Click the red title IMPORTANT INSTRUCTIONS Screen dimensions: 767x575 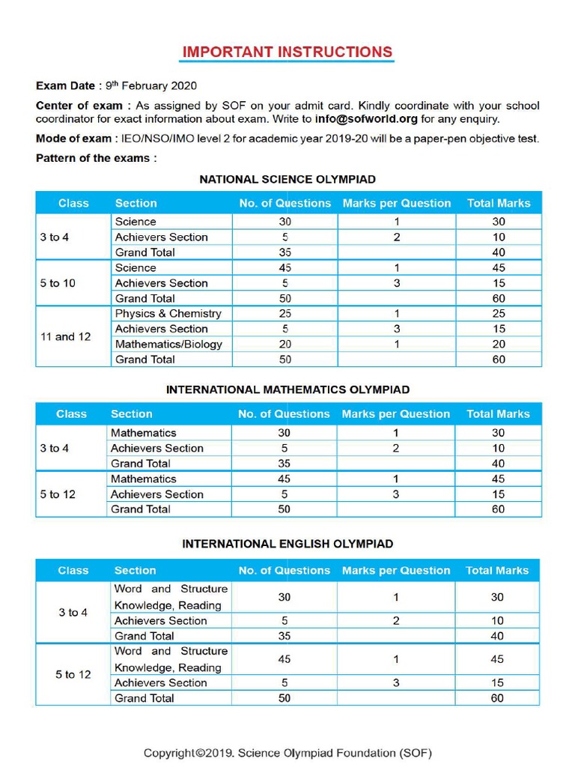click(x=287, y=52)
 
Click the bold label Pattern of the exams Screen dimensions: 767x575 click(x=96, y=158)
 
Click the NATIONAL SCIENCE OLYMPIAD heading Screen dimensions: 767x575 click(x=287, y=180)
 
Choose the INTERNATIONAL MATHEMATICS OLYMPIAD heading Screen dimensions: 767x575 click(x=287, y=390)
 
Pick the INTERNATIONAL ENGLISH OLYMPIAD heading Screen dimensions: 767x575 click(x=287, y=545)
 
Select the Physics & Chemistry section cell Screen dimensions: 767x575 click(x=168, y=314)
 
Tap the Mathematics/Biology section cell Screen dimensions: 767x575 click(x=168, y=345)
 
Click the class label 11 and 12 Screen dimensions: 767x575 click(x=65, y=337)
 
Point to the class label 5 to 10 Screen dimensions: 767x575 click(x=58, y=283)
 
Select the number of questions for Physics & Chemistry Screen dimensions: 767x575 click(x=285, y=314)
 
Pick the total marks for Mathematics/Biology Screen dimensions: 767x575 click(x=499, y=345)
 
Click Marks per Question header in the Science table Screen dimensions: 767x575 click(x=397, y=203)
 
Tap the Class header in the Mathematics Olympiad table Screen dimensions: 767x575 click(x=71, y=414)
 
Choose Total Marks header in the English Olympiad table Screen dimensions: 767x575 click(x=497, y=571)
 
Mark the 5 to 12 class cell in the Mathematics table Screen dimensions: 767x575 click(x=58, y=494)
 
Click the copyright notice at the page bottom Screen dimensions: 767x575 click(x=287, y=753)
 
